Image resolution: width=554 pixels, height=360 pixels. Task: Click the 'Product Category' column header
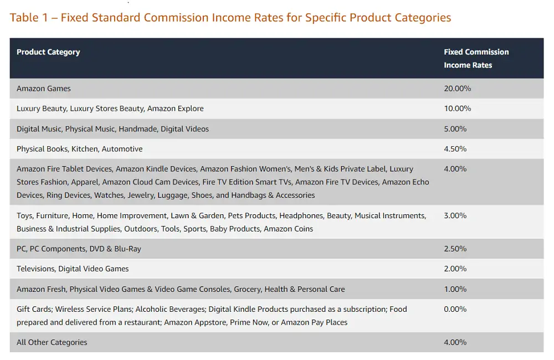(48, 52)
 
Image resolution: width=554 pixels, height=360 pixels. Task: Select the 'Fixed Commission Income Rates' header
(476, 58)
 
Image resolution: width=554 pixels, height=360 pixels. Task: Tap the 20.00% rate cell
(457, 89)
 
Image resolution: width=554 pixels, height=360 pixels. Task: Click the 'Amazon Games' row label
(44, 89)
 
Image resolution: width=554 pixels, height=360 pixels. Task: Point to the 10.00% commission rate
(457, 109)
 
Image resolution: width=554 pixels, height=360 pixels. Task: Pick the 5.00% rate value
(455, 129)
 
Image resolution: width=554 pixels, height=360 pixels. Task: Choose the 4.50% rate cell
(455, 149)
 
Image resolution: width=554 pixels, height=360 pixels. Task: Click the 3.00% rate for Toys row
(455, 215)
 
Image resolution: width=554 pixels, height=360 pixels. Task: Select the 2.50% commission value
(455, 249)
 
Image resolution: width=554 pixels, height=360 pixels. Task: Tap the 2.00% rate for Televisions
(455, 269)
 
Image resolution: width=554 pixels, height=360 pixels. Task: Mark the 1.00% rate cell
(455, 289)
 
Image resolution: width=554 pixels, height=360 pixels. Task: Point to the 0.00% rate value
(455, 309)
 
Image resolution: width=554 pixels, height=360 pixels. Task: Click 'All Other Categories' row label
(52, 342)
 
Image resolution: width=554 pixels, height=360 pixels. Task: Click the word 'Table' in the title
(24, 18)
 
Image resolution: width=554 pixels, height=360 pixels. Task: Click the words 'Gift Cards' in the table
(34, 309)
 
